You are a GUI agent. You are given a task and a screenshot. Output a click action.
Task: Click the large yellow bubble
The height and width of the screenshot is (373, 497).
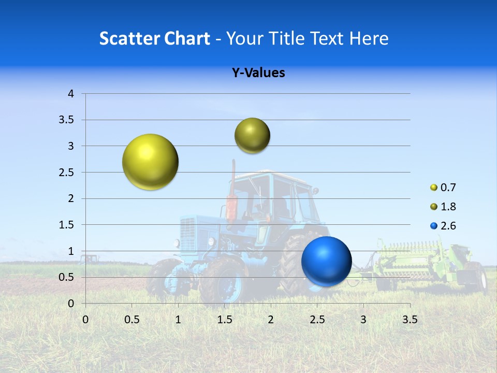[x=150, y=162]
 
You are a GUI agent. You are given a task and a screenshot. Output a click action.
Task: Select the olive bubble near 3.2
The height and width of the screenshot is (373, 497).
[x=252, y=136]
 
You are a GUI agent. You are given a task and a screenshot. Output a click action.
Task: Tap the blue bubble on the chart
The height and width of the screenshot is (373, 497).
[x=326, y=261]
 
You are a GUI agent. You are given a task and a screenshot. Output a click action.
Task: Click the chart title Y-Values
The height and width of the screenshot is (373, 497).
[x=258, y=73]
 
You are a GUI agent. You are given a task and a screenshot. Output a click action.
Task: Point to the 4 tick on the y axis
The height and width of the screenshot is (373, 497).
[x=71, y=94]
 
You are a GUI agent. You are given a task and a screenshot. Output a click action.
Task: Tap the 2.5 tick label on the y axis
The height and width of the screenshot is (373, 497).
[x=67, y=173]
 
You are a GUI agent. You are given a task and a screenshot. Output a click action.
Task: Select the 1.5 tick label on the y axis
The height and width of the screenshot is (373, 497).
[x=67, y=225]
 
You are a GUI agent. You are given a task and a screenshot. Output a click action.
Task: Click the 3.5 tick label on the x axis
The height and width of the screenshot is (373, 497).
[x=410, y=320]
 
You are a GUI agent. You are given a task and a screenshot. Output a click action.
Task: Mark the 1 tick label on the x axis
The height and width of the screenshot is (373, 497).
[x=178, y=320]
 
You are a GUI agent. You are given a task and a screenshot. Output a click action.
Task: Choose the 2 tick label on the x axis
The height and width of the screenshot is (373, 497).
[x=271, y=320]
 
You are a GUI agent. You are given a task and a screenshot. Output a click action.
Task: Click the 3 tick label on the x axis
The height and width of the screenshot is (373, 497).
[x=363, y=320]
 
